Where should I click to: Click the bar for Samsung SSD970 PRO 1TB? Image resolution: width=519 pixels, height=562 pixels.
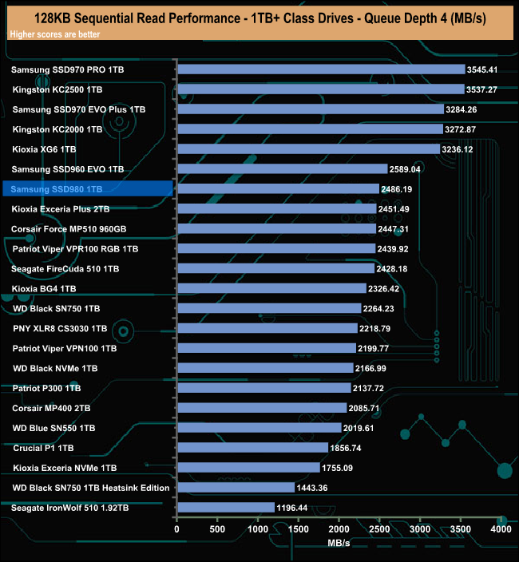point(320,69)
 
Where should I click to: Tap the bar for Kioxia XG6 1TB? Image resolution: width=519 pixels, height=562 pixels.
point(307,149)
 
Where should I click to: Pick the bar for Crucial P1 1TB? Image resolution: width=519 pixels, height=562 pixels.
point(252,447)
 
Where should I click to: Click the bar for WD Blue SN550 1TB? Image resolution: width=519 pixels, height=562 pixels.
point(259,427)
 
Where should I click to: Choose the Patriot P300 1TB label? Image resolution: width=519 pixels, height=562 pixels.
point(46,388)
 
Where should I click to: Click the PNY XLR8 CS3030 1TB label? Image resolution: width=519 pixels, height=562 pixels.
point(61,328)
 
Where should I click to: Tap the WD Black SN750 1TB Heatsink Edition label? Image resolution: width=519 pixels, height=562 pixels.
point(92,487)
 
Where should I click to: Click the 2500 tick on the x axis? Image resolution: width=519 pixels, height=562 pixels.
point(379,529)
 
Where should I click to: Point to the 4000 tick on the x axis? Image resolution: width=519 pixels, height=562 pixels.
point(500,529)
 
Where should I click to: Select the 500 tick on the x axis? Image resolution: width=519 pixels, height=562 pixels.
point(217,529)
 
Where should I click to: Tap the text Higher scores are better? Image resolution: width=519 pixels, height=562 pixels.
point(49,34)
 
